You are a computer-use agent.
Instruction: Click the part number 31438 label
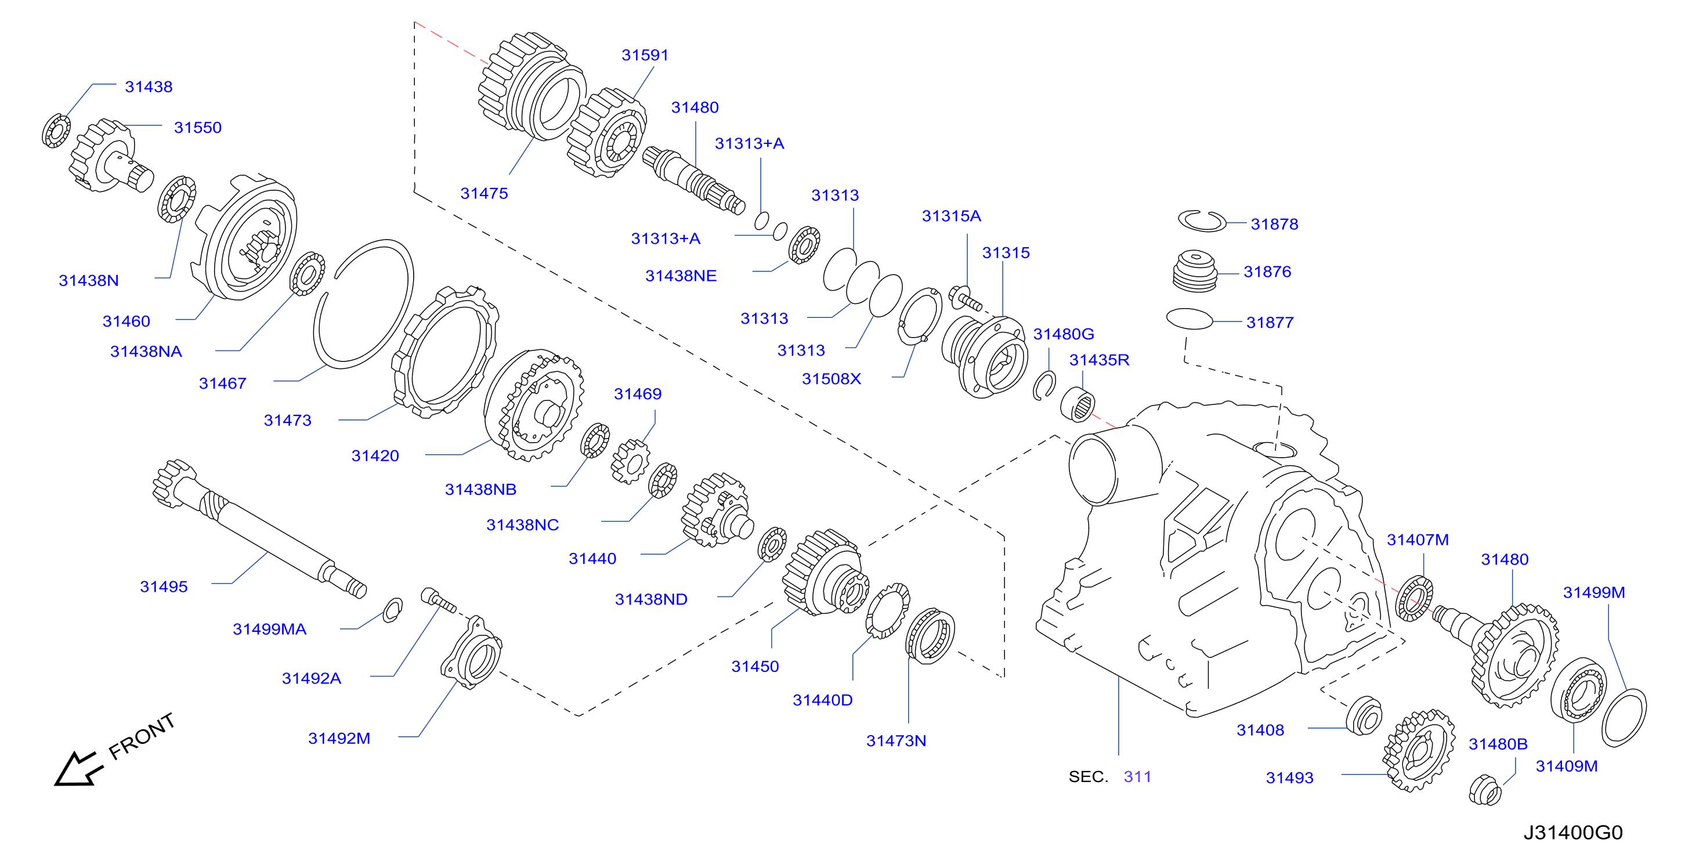[149, 86]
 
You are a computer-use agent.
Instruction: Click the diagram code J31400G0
[1573, 832]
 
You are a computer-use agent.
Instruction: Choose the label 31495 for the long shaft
[164, 587]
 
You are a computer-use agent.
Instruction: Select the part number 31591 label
[645, 55]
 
